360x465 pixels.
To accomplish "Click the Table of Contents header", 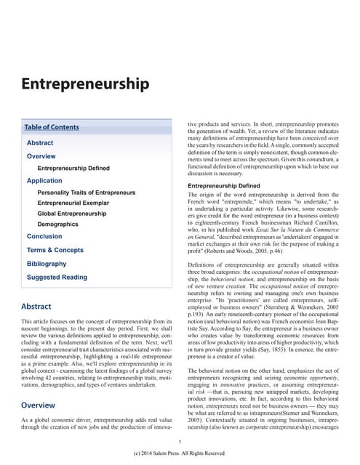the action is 52,127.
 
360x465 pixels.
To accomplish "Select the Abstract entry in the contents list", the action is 40,143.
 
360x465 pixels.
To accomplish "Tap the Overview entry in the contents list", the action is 41,156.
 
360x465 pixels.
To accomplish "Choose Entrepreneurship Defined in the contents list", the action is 73,168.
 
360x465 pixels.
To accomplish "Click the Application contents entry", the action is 44,180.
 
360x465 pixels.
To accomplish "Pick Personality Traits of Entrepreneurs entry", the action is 87,193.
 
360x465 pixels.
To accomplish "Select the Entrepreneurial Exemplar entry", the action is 73,203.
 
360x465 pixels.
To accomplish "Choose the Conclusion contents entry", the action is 44,236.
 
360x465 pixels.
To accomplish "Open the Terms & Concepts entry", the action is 55,250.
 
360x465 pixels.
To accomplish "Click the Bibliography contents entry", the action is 47,264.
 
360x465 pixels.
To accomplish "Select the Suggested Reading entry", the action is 57,277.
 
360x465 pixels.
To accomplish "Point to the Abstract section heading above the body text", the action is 36,307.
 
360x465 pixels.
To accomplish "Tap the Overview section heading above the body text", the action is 39,405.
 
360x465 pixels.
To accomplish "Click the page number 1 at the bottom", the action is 180,442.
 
